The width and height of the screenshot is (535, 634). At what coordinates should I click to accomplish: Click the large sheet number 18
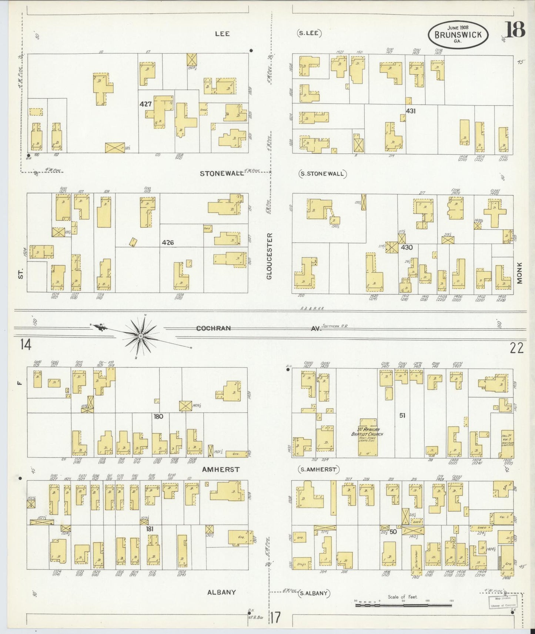point(515,30)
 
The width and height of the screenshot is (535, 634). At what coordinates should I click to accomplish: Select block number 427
point(146,104)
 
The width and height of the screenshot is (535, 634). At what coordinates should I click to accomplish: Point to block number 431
point(411,111)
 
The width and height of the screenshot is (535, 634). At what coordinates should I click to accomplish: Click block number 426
point(167,243)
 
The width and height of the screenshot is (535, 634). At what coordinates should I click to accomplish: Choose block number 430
point(407,247)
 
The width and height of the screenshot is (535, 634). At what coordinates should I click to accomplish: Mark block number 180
point(158,417)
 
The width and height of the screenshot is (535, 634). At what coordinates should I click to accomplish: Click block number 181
point(150,529)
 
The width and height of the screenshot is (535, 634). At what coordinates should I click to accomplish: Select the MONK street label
point(519,273)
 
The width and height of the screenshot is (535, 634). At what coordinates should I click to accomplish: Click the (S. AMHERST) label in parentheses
point(318,469)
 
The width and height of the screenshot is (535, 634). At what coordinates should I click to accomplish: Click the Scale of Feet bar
point(403,606)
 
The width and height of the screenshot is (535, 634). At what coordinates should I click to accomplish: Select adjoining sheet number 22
point(516,348)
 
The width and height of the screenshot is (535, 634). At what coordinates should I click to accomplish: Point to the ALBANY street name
point(221,592)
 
